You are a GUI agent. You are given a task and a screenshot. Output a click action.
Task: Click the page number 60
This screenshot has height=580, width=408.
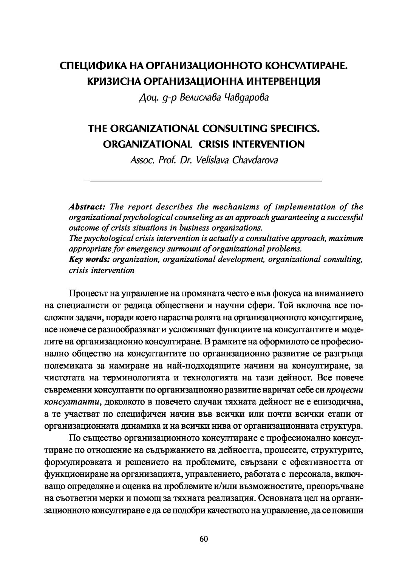(204, 550)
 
